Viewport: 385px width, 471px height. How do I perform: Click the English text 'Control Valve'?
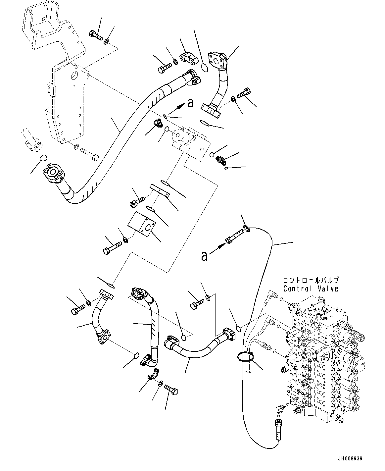pos(311,288)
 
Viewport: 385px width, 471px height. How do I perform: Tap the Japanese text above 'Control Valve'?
pos(311,280)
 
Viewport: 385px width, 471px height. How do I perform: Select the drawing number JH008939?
pos(350,459)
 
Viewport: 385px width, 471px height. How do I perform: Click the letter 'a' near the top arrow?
pos(190,103)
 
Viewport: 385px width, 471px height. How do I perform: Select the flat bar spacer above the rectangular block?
pos(160,190)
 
